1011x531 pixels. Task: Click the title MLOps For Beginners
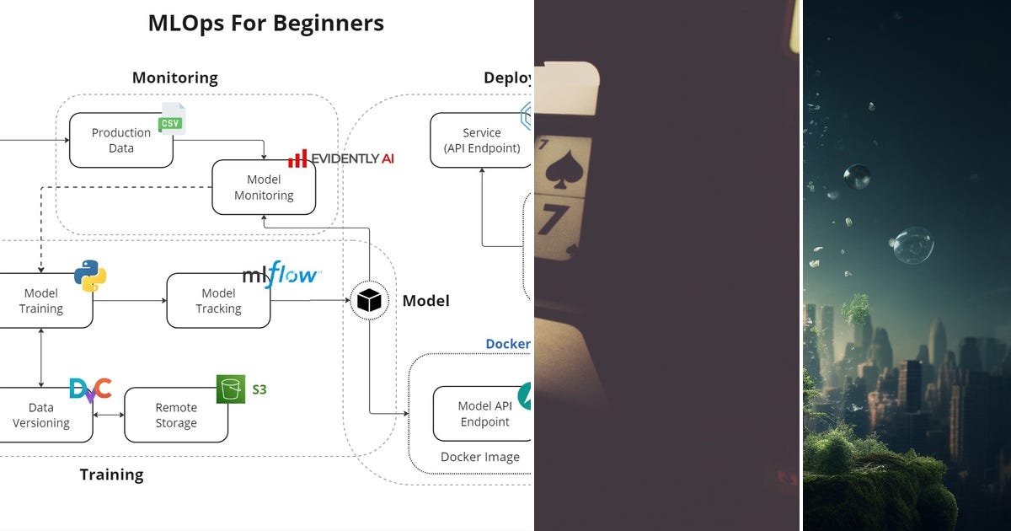pyautogui.click(x=265, y=24)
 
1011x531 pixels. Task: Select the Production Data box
pyautogui.click(x=121, y=140)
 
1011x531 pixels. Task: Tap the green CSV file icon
pyautogui.click(x=172, y=120)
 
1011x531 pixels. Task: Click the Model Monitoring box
pyautogui.click(x=264, y=187)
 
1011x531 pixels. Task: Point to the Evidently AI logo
pyautogui.click(x=341, y=158)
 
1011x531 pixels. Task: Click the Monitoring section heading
pyautogui.click(x=174, y=78)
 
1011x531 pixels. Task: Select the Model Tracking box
pyautogui.click(x=218, y=301)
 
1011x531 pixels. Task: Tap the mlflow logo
pyautogui.click(x=281, y=275)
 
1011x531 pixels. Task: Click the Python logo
pyautogui.click(x=90, y=276)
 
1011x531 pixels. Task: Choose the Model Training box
pyautogui.click(x=42, y=301)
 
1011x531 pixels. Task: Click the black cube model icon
pyautogui.click(x=369, y=300)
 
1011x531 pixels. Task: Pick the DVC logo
pyautogui.click(x=90, y=389)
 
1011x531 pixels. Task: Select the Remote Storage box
pyautogui.click(x=176, y=415)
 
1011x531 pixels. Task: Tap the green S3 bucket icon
pyautogui.click(x=231, y=389)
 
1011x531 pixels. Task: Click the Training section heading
pyautogui.click(x=111, y=475)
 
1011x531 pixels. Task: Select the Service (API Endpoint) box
pyautogui.click(x=481, y=140)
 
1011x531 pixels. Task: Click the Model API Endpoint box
pyautogui.click(x=483, y=414)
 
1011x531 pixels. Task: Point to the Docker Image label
pyautogui.click(x=480, y=457)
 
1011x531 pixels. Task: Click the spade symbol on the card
pyautogui.click(x=560, y=170)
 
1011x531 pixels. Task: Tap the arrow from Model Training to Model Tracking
pyautogui.click(x=130, y=300)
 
